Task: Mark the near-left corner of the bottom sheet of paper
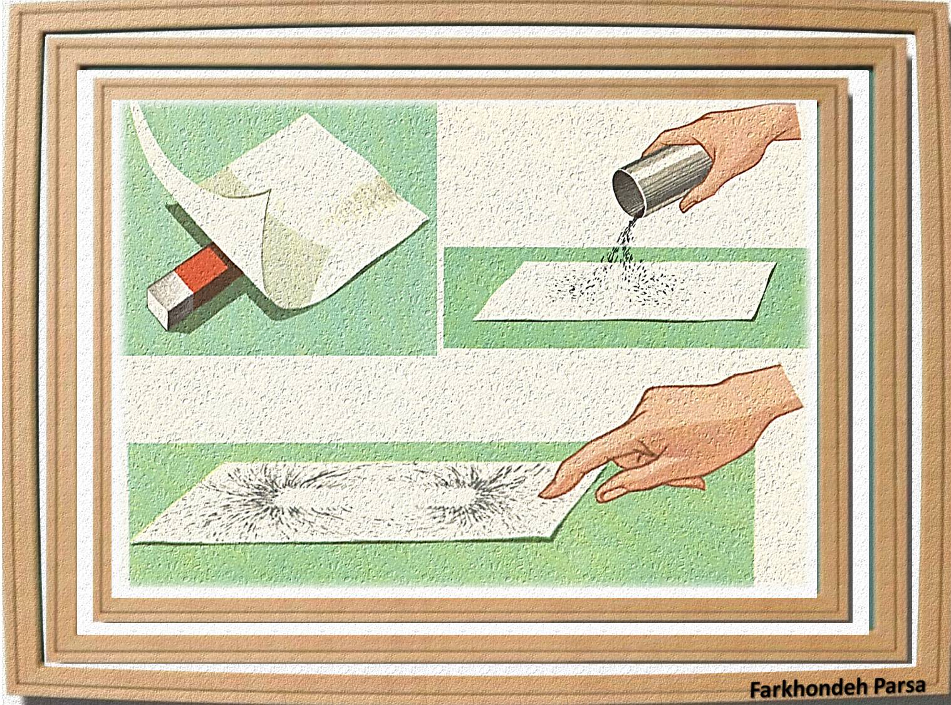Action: (x=133, y=542)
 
